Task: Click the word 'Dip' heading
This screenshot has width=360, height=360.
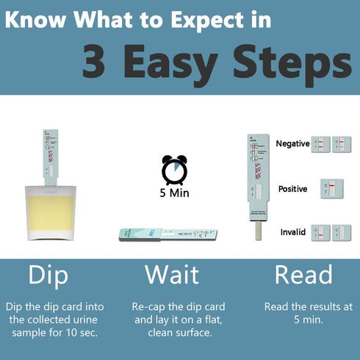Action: tap(48, 275)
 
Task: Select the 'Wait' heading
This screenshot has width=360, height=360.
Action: tap(171, 275)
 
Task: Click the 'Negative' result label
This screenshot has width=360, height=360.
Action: tap(292, 144)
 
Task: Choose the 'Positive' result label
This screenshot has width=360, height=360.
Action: tap(292, 189)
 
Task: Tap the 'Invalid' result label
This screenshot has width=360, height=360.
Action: tap(293, 232)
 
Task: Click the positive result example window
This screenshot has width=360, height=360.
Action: tap(332, 189)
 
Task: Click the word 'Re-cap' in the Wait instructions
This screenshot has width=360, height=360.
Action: tap(150, 306)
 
